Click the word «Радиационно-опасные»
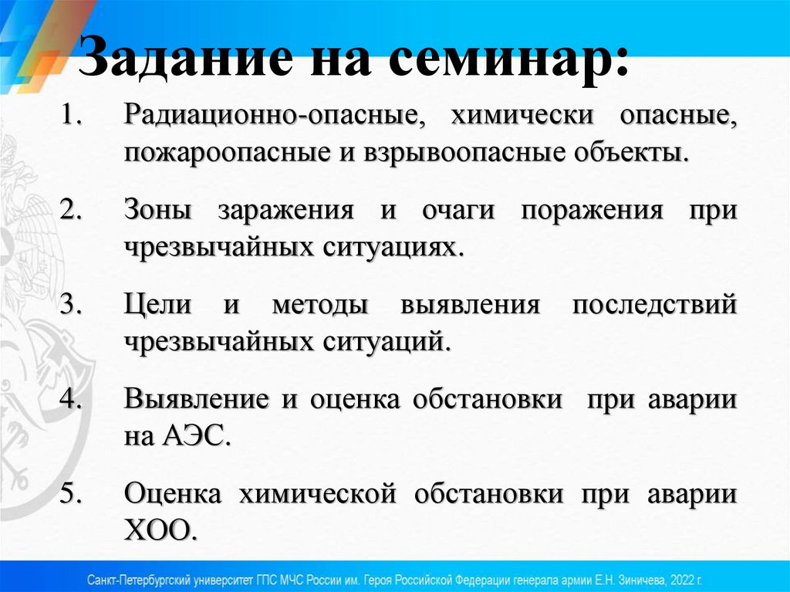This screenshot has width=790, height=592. [271, 117]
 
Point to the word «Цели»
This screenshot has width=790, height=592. [157, 304]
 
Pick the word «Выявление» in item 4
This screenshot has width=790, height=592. [196, 400]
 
